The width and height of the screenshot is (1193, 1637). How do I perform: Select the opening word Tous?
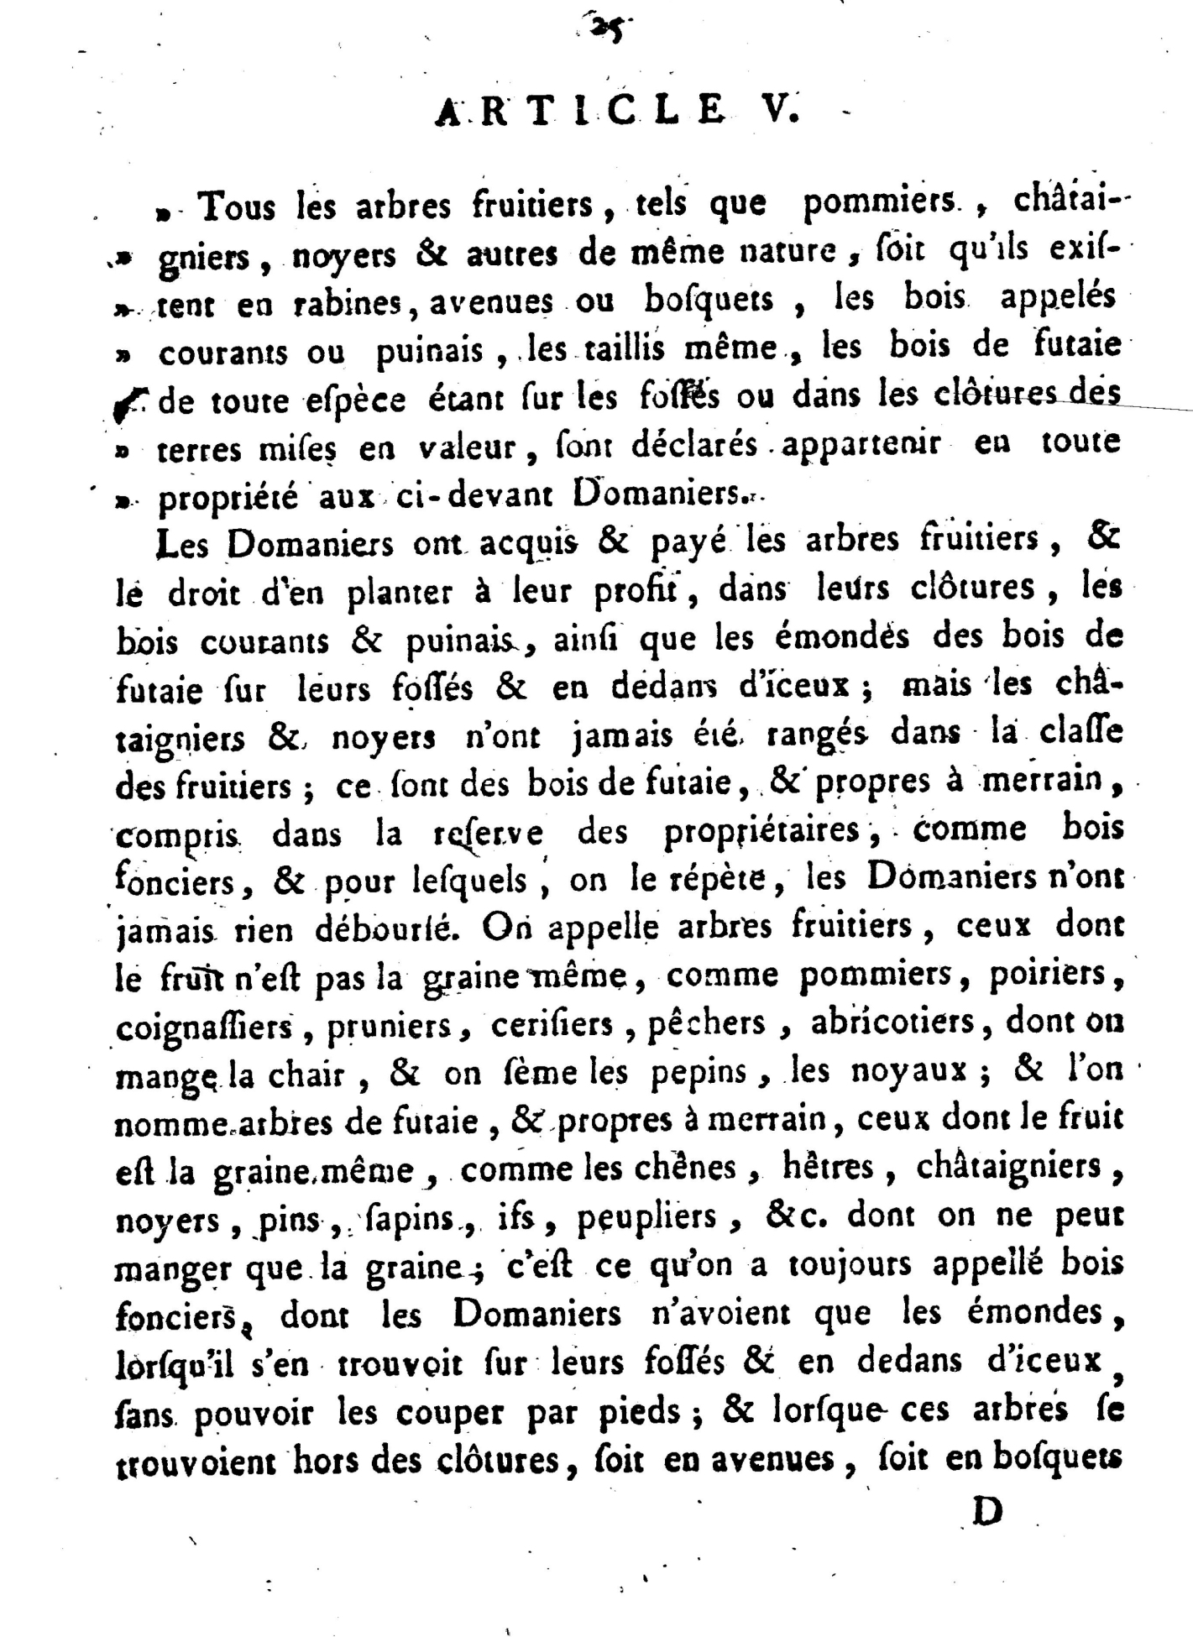238,206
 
